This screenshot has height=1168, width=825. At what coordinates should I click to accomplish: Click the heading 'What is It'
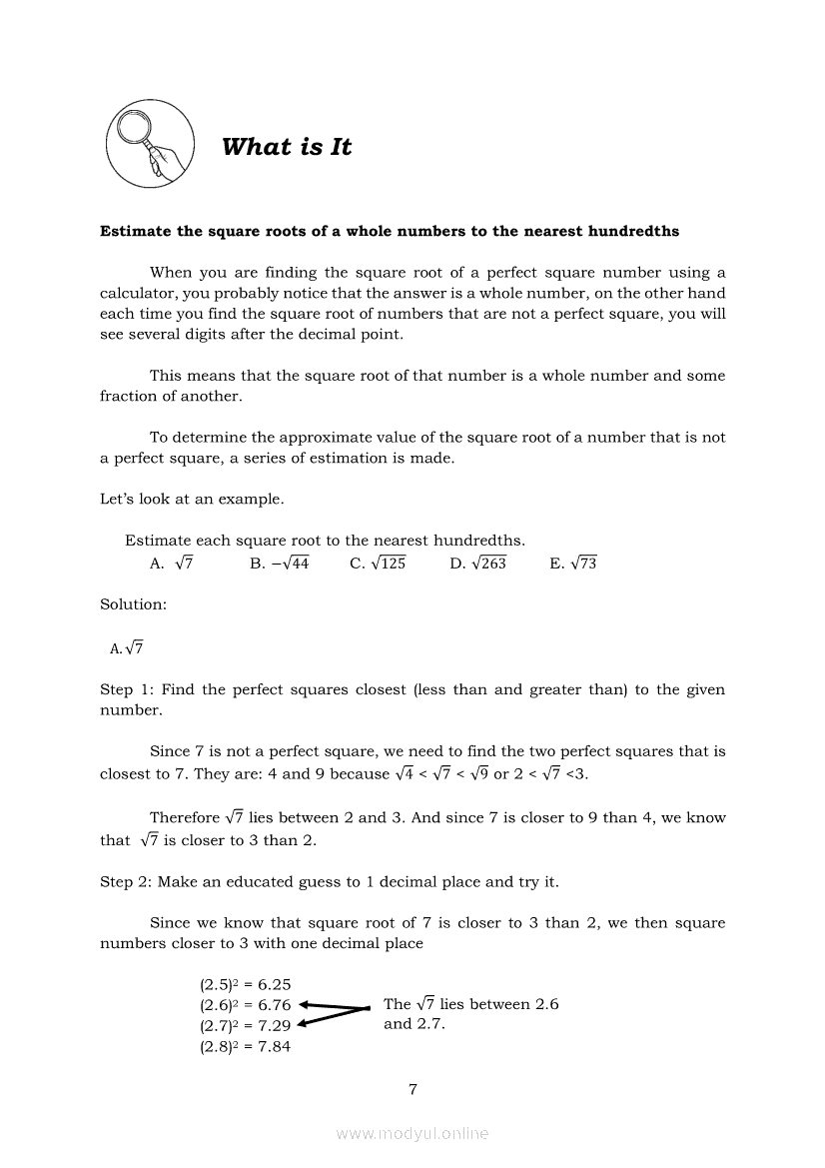[x=287, y=147]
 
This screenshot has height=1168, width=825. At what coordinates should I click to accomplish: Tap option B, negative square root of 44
[x=280, y=564]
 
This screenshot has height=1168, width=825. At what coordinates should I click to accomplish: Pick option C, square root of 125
[x=378, y=564]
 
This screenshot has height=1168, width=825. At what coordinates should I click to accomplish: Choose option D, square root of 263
[x=477, y=564]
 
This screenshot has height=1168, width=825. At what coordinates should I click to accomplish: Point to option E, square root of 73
[x=573, y=564]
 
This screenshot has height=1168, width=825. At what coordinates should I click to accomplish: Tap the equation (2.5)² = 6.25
[x=245, y=984]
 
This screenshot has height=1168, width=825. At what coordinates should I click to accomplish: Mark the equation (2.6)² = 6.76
[x=245, y=1005]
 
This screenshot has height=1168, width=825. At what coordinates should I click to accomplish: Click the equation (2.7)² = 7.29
[x=245, y=1026]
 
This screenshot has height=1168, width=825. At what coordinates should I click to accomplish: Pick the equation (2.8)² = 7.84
[x=245, y=1047]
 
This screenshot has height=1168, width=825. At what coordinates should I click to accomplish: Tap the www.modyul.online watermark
[x=412, y=1134]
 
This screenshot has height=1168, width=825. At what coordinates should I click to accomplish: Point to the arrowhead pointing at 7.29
[x=303, y=1023]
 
